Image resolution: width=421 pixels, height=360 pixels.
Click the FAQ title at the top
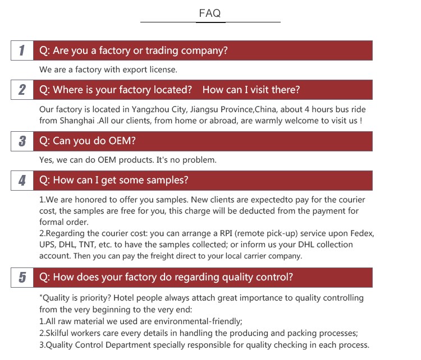[x=210, y=13]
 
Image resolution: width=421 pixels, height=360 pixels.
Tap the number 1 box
[x=22, y=50]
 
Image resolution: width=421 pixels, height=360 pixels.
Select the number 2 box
[x=22, y=90]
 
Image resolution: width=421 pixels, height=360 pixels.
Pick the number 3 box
[x=22, y=141]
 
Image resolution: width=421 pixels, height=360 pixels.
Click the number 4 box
[x=22, y=180]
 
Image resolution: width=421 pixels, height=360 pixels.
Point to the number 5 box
[x=22, y=277]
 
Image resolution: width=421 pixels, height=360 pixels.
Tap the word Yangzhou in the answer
[x=150, y=109]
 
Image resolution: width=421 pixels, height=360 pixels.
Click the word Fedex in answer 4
[x=361, y=233]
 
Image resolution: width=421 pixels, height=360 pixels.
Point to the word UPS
[x=47, y=244]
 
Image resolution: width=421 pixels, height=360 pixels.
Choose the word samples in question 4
[x=169, y=180]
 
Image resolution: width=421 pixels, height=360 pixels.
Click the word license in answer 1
[x=162, y=70]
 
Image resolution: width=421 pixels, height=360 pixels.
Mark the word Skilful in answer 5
[x=59, y=333]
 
